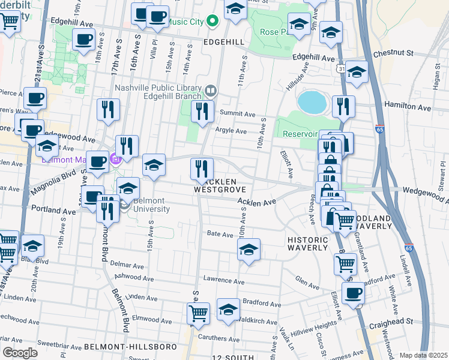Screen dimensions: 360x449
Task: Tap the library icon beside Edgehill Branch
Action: [x=211, y=91]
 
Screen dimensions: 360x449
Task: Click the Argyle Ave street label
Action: [x=232, y=131]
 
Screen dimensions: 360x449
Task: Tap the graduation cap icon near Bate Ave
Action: [x=249, y=249]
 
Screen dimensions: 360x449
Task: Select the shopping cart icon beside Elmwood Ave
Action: [x=198, y=313]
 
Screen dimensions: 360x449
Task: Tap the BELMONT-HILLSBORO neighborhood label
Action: [x=130, y=347]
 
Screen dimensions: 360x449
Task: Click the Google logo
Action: [x=20, y=352]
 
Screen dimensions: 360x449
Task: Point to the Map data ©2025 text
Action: [x=423, y=355]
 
